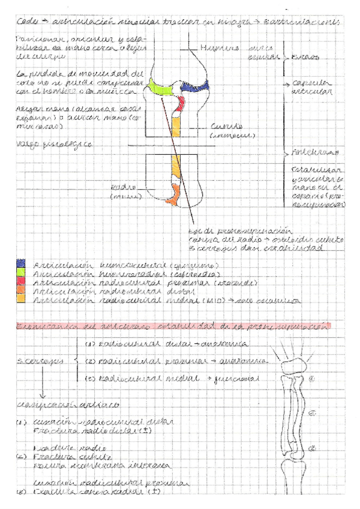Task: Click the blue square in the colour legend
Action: [x=22, y=264]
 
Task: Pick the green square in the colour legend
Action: [x=22, y=272]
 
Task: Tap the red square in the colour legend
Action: [x=22, y=281]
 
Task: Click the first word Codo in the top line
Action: [x=26, y=22]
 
